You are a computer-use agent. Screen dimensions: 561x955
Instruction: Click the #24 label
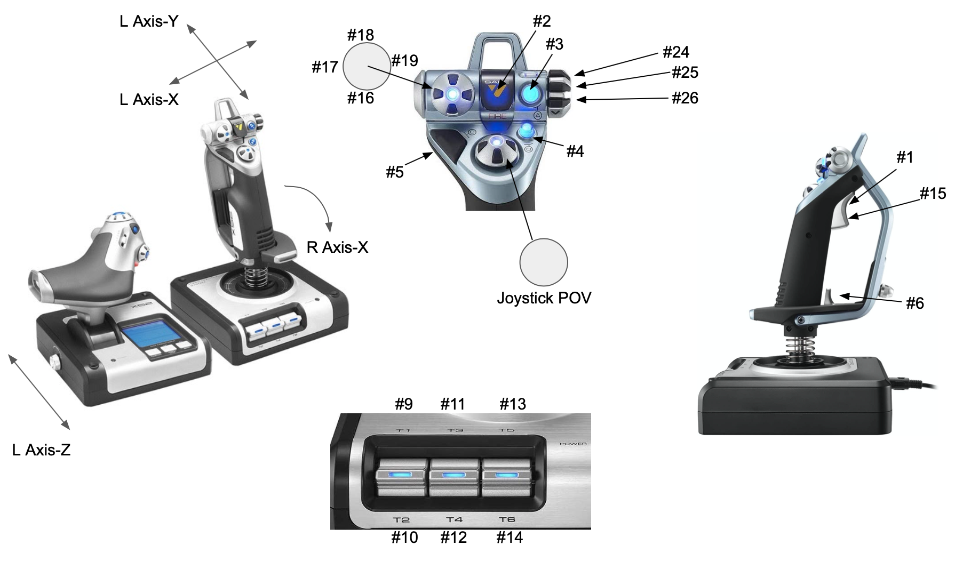(675, 52)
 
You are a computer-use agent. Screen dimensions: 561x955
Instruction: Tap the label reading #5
(395, 172)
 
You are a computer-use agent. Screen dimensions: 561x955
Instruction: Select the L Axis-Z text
(41, 450)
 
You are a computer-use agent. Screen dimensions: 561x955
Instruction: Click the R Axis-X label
(337, 247)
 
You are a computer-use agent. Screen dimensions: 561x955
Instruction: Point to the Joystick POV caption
(544, 298)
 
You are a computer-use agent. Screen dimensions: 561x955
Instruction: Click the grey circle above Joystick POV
(544, 262)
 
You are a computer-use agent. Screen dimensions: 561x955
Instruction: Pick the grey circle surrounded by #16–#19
(367, 66)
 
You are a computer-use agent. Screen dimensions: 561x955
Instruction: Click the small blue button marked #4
(527, 131)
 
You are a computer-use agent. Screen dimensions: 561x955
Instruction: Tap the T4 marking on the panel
(454, 519)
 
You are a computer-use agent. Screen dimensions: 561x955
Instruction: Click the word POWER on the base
(574, 444)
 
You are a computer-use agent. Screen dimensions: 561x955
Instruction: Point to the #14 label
(509, 537)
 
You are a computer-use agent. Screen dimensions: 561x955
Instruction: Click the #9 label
(404, 404)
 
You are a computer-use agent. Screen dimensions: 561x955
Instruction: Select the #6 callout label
(915, 303)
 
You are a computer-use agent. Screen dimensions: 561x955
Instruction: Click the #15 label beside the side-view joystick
(933, 194)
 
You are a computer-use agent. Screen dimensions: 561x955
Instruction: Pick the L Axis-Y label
(149, 21)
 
